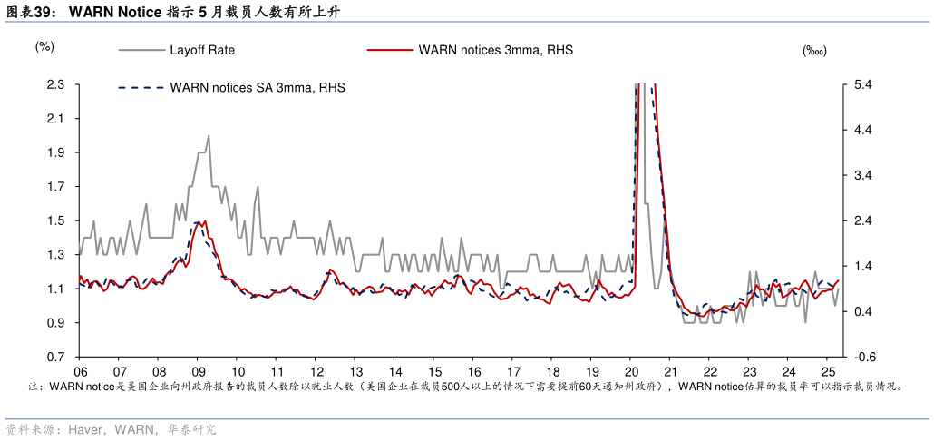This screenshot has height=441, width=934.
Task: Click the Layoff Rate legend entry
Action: pyautogui.click(x=201, y=51)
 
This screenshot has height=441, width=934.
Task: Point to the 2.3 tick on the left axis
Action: pyautogui.click(x=55, y=84)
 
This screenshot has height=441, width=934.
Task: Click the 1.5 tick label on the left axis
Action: pyautogui.click(x=55, y=220)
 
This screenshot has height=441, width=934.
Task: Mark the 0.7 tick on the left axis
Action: pyautogui.click(x=55, y=357)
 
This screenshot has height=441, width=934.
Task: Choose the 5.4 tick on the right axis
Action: pyautogui.click(x=863, y=84)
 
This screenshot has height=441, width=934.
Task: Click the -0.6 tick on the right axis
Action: pyautogui.click(x=863, y=357)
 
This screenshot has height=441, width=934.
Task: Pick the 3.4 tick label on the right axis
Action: pyautogui.click(x=863, y=175)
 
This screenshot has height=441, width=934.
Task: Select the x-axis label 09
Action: pyautogui.click(x=198, y=371)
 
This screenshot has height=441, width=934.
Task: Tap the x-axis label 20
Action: pyautogui.click(x=632, y=371)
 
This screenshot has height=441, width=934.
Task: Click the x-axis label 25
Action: pyautogui.click(x=828, y=371)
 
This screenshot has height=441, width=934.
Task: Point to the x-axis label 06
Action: pyautogui.click(x=80, y=371)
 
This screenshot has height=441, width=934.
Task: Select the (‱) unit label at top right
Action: pyautogui.click(x=813, y=52)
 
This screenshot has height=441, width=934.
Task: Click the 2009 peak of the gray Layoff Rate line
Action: pyautogui.click(x=209, y=136)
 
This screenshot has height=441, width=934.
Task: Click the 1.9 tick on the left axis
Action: pyautogui.click(x=55, y=152)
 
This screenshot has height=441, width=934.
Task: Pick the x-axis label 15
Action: pyautogui.click(x=435, y=371)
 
